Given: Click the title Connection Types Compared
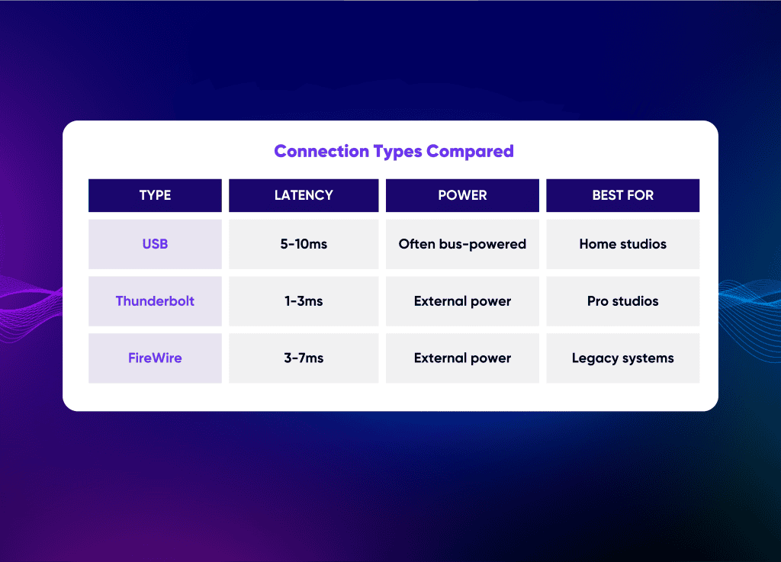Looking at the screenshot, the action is pos(394,151).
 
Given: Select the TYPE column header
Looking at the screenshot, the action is pos(155,195).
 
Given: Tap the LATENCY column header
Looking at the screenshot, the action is pos(304,195).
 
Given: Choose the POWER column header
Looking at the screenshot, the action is pos(462,195).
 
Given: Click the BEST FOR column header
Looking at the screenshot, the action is pos(622,195).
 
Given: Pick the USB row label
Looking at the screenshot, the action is pos(155,244).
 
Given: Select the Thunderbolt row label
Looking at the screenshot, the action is pos(155,301).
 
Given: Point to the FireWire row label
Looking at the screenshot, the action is pos(155,358).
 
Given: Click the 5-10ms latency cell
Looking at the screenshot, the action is pos(304,244).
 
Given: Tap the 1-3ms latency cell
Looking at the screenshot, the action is pos(304,301).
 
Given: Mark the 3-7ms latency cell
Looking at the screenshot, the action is pos(304,358).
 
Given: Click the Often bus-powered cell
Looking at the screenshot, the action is pos(462,244).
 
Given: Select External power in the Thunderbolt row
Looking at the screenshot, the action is pos(462,301).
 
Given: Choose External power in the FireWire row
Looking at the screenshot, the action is pos(462,358).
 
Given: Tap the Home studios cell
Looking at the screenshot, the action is pos(622,244).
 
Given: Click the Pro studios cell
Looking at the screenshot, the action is pos(622,301).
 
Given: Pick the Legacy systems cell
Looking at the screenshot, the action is pos(622,358).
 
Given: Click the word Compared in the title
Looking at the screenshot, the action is pos(470,151).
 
